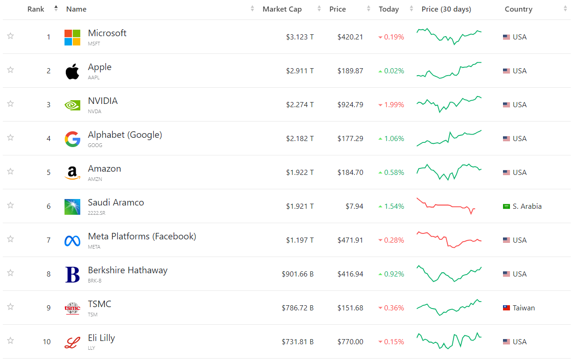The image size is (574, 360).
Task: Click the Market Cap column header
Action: coord(282,9)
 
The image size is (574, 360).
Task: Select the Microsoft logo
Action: coord(72,38)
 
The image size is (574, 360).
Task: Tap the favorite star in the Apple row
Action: coord(10,70)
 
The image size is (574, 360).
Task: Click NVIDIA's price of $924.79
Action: coord(350,105)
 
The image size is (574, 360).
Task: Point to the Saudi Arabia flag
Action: coord(506,206)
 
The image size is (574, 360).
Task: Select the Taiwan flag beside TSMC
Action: coord(506,308)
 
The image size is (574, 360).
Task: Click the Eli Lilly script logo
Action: coord(72,342)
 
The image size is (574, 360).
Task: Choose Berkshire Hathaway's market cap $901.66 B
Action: coord(297,274)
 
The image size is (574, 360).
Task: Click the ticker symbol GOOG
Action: coord(95,145)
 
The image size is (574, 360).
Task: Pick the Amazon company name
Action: coord(104,169)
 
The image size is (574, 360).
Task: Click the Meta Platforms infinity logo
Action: coord(72,241)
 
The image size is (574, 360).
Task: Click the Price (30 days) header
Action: coord(446,9)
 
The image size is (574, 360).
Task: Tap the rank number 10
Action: coord(47,342)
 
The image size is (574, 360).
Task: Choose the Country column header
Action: coord(518,9)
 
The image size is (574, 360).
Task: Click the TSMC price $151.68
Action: coord(350,308)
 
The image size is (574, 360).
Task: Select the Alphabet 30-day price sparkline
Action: coord(449,138)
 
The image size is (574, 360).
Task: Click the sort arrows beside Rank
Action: coord(56,8)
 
